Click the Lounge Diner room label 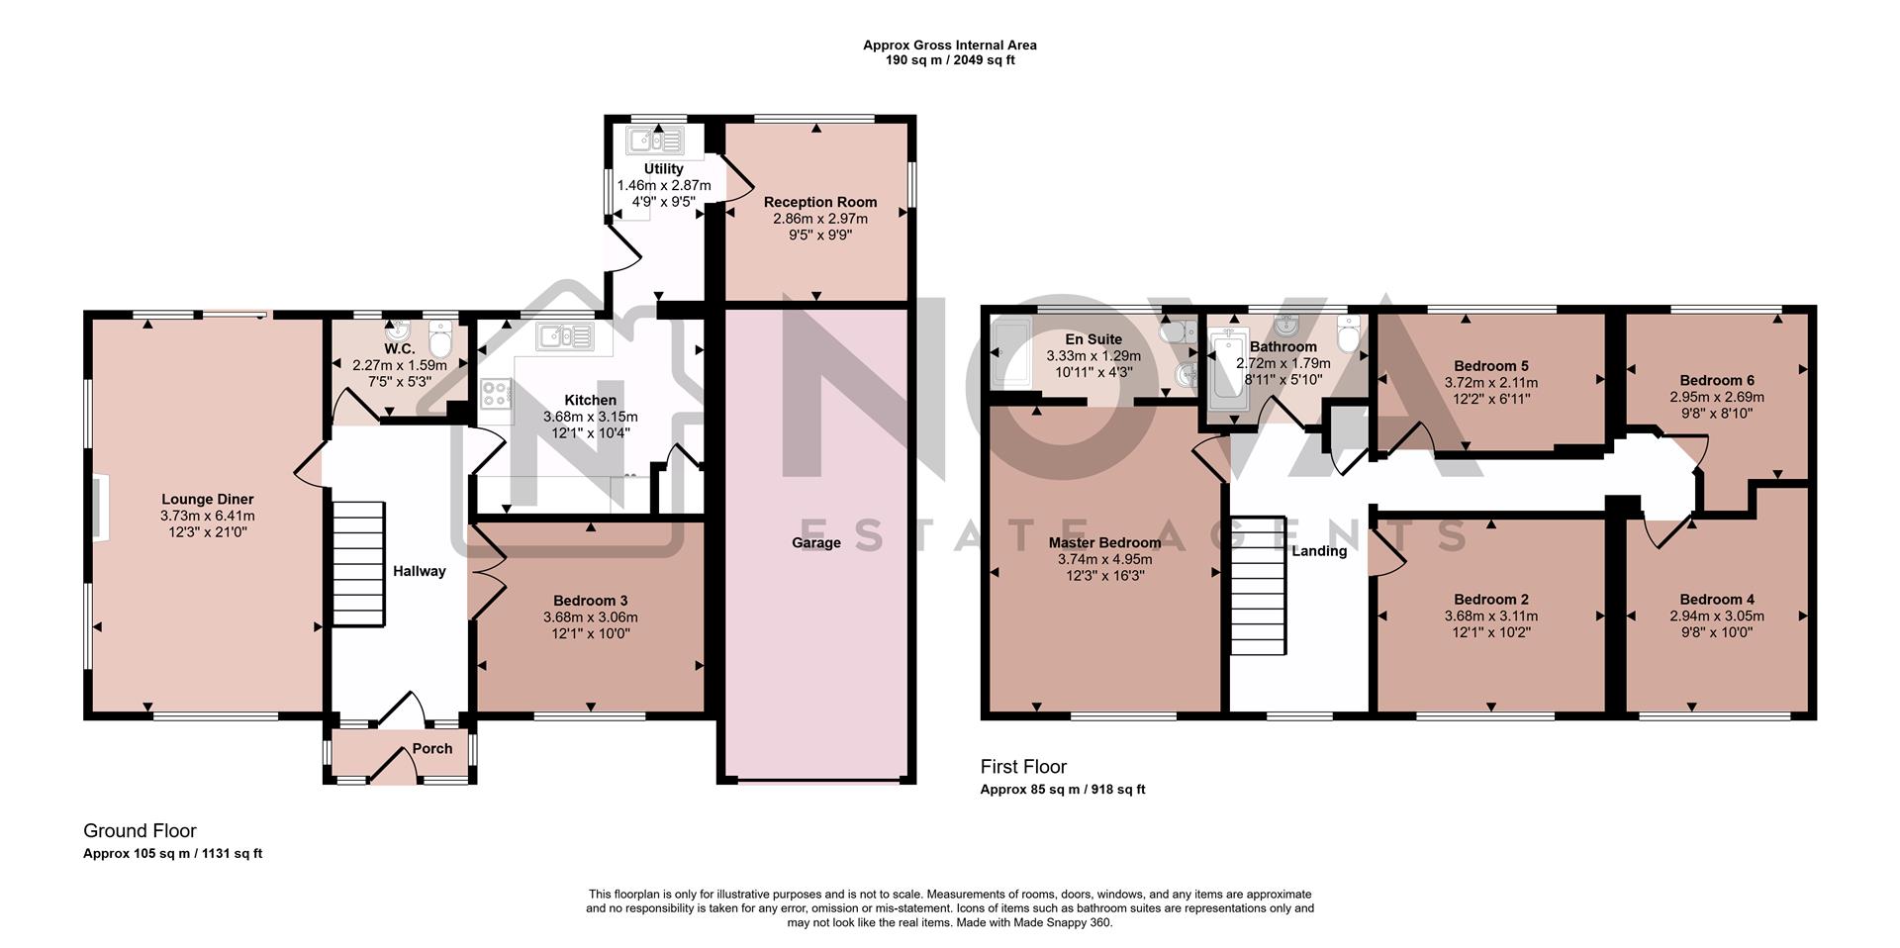(208, 500)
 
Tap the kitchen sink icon (564, 337)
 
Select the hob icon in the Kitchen (496, 395)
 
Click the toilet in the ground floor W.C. (440, 336)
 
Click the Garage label (816, 542)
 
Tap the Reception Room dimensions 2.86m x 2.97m (820, 219)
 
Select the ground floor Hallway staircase (356, 563)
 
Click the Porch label (432, 749)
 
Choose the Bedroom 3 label (591, 601)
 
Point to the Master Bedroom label (1104, 542)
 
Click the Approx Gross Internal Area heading (949, 45)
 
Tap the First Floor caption (1023, 766)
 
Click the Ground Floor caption (140, 830)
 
